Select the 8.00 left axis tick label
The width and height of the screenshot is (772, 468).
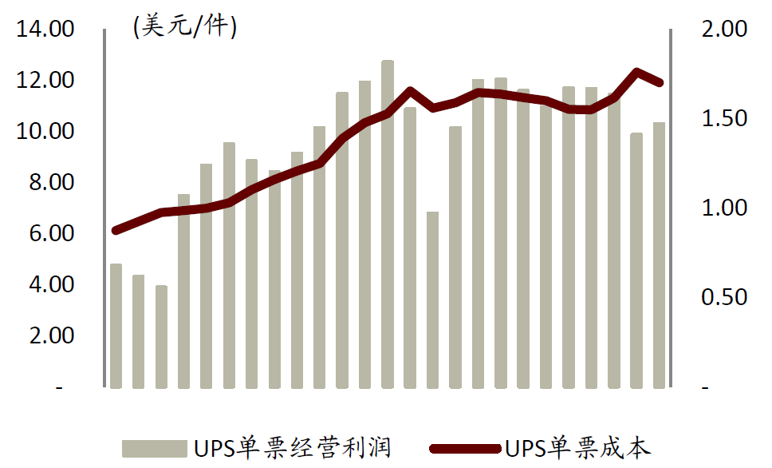click(x=51, y=183)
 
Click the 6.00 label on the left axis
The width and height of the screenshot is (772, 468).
click(x=51, y=234)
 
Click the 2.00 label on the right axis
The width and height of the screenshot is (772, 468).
click(x=721, y=30)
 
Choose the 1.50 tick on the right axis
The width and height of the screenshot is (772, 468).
click(x=721, y=119)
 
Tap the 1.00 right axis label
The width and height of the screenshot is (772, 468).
click(x=721, y=208)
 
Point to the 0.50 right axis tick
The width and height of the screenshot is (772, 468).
click(x=721, y=298)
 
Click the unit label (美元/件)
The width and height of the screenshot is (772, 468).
click(x=184, y=27)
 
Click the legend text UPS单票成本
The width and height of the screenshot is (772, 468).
click(x=577, y=448)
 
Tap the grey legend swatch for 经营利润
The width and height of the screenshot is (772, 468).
click(x=155, y=448)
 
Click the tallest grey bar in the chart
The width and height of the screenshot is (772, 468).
click(x=388, y=224)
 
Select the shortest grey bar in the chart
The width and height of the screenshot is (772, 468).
click(x=161, y=336)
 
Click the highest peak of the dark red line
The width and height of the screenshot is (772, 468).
click(x=636, y=72)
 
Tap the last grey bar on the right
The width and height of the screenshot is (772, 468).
click(x=659, y=255)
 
